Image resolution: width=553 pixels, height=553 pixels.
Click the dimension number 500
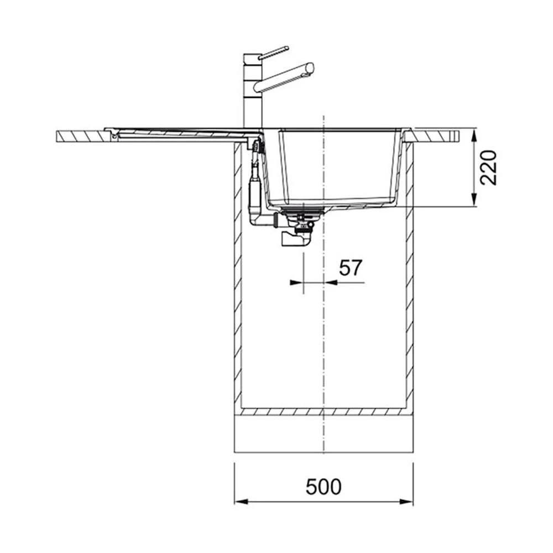324,487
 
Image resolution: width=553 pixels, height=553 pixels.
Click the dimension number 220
488,168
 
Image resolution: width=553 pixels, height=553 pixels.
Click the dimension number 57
351,268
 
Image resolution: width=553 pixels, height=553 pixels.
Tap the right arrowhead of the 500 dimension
406,502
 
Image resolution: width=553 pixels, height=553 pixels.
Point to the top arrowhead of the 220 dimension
474,135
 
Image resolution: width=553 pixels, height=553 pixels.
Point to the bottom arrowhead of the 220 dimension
474,199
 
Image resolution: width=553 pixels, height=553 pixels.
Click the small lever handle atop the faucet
273,53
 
